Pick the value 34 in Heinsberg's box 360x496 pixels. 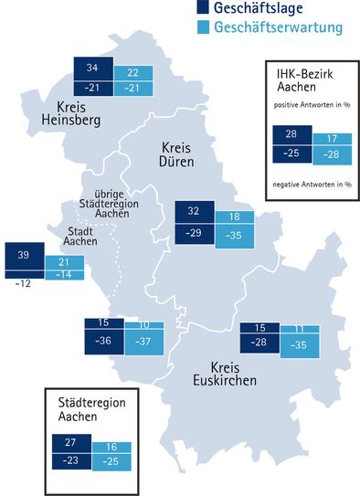coord(92,68)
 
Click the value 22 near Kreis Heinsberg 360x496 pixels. coord(132,73)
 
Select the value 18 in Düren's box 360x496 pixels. coord(234,217)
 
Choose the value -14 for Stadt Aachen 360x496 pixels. coord(63,273)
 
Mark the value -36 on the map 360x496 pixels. coord(102,341)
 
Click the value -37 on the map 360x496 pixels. coord(143,341)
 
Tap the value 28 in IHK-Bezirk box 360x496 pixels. coord(291,133)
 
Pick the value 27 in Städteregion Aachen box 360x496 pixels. coord(73,441)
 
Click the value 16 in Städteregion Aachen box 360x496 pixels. coord(111,448)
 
